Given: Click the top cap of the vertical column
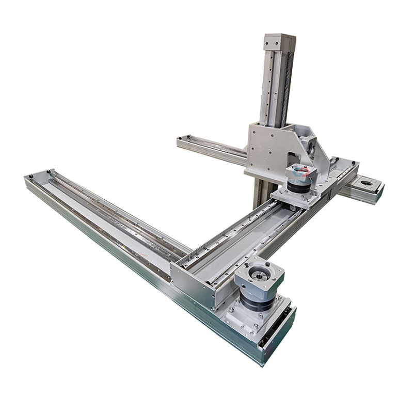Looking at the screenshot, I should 279,39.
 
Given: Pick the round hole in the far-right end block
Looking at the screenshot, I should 367,182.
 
